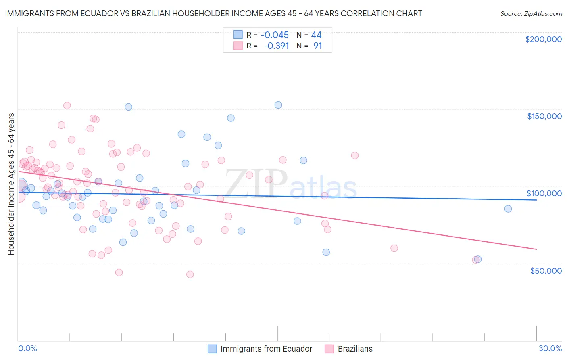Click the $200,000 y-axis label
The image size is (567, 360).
[x=543, y=39]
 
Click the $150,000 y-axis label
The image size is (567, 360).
[x=544, y=116]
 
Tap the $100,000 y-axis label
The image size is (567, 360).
[x=544, y=193]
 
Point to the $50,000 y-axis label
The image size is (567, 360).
[x=546, y=270]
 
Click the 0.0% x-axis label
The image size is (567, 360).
[x=27, y=348]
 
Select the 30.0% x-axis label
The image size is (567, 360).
[x=550, y=348]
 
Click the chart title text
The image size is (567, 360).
[x=213, y=13]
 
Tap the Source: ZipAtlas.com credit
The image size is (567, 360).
[x=531, y=14]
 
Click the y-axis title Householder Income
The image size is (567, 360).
[x=11, y=184]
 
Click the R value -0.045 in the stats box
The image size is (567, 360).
[x=275, y=35]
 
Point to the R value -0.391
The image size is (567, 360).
[x=276, y=46]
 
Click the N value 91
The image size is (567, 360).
[x=318, y=46]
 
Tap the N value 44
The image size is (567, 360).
[x=316, y=35]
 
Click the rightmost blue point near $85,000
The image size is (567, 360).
[x=508, y=209]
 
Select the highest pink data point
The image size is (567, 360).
[x=67, y=105]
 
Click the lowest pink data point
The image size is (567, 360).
[x=190, y=274]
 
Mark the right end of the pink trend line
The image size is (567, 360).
[x=536, y=249]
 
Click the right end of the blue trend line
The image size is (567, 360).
[x=536, y=200]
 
